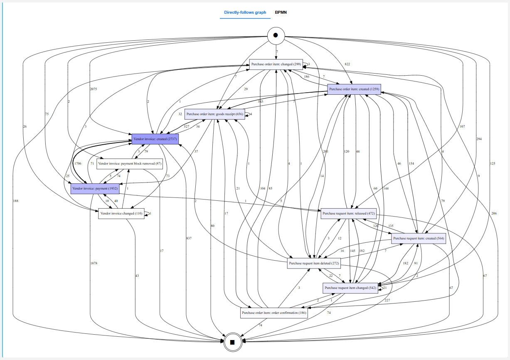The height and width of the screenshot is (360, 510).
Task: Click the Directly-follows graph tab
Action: tap(245, 12)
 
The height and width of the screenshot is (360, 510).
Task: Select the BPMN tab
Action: tap(281, 12)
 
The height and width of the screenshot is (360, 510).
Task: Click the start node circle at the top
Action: tap(276, 35)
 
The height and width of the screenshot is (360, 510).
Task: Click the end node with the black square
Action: tap(232, 342)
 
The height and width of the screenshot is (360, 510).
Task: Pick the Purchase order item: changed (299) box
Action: tap(276, 64)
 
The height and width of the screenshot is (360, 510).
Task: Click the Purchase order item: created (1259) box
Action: tap(354, 89)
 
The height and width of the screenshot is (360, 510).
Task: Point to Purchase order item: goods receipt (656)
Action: tap(214, 114)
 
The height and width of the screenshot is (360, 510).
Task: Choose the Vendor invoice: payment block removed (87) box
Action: tap(130, 164)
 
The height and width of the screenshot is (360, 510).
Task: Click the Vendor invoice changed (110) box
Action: tap(121, 213)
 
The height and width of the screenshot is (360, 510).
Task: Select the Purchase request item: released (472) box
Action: tap(348, 213)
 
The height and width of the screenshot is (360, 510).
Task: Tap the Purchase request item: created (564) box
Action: tap(418, 238)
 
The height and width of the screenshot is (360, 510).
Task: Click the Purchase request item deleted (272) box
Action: tap(314, 263)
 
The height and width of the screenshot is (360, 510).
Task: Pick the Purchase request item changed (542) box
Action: tap(350, 288)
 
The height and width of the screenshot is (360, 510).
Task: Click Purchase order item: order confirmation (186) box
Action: tap(274, 313)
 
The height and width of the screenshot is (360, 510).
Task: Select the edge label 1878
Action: tap(94, 263)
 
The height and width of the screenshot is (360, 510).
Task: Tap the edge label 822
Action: tap(347, 64)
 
